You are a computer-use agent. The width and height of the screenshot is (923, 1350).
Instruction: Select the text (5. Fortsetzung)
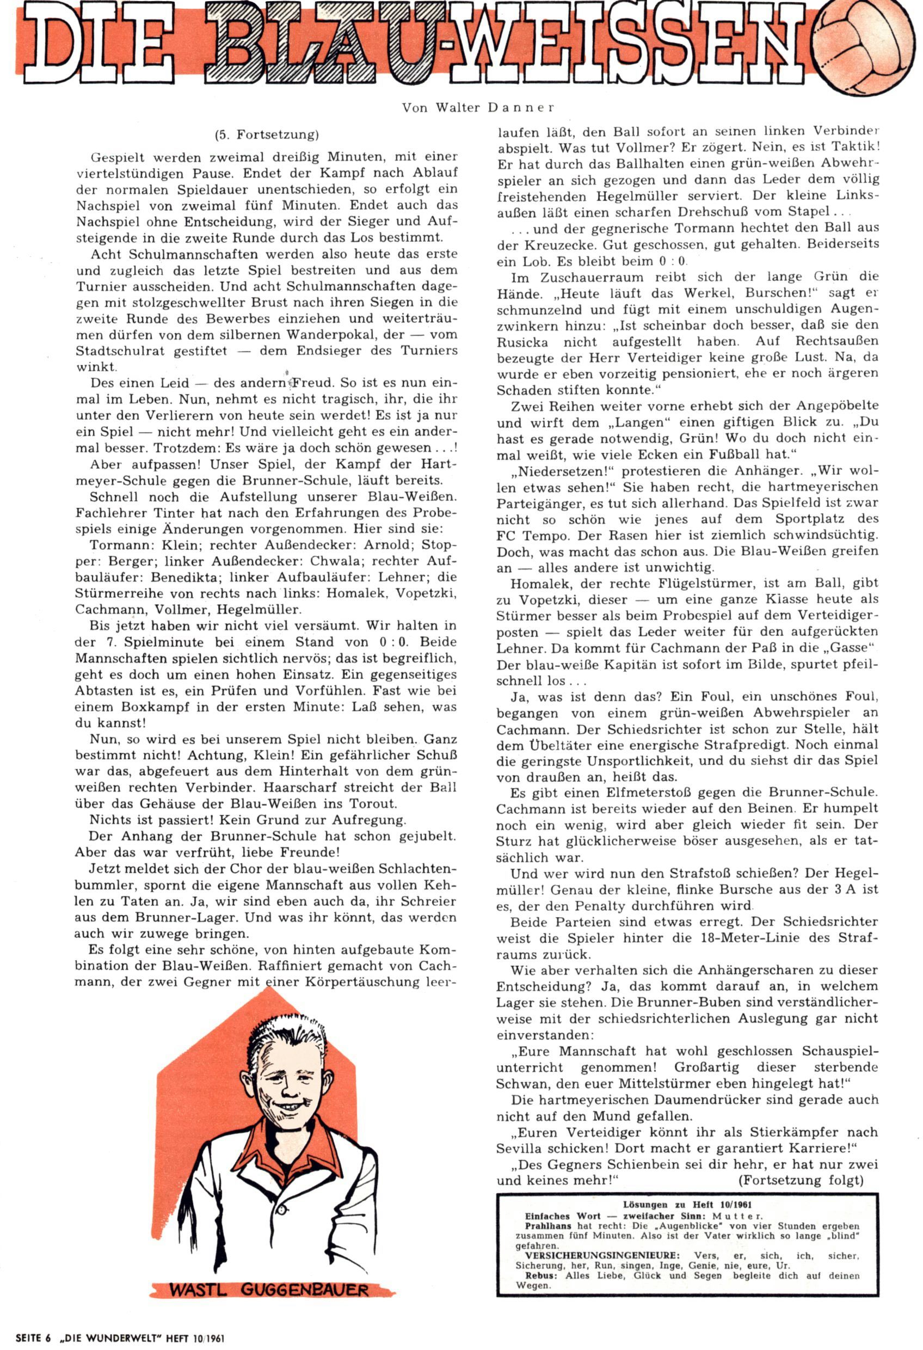point(267,135)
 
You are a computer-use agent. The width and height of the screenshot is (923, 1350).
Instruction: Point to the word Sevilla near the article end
point(519,1149)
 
